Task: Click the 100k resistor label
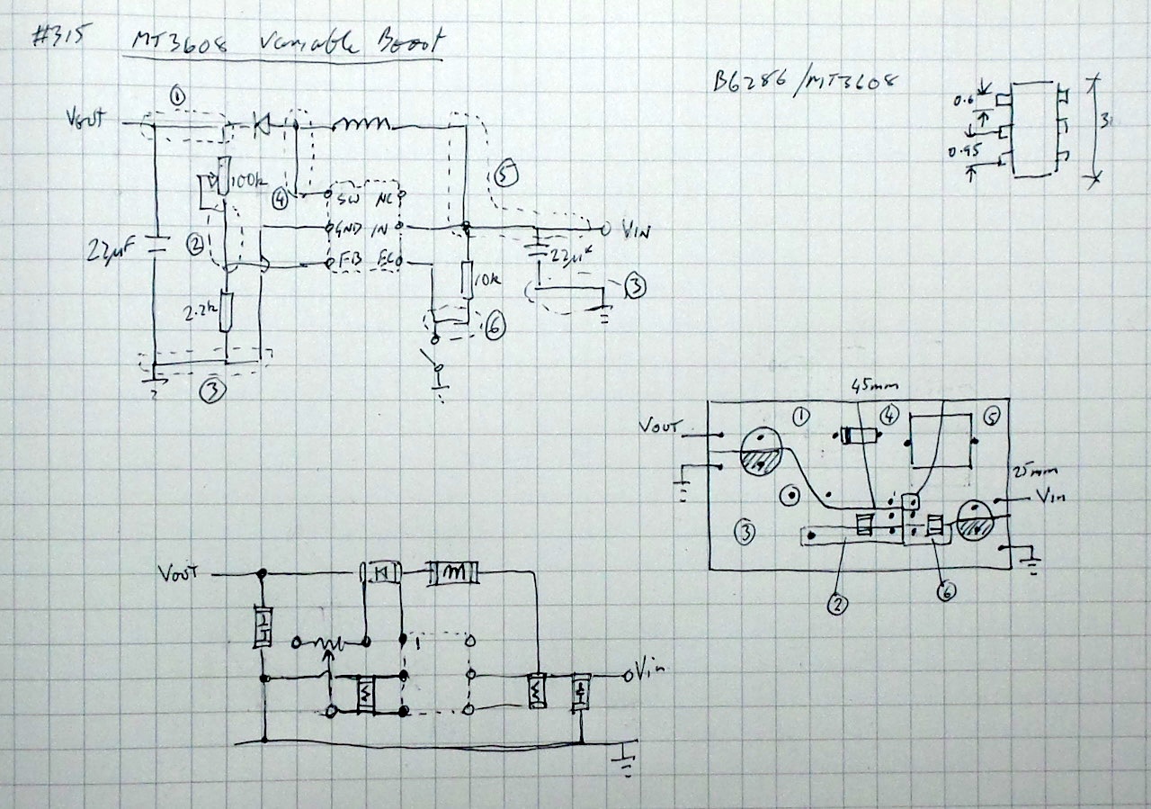click(x=249, y=182)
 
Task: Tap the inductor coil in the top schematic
click(x=363, y=123)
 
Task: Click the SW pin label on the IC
click(x=347, y=197)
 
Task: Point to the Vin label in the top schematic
click(x=637, y=230)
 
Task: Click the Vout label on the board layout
click(x=663, y=425)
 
